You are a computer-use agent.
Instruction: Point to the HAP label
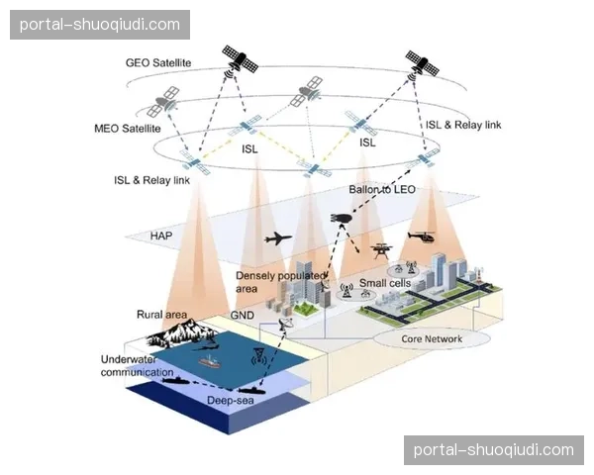(161, 236)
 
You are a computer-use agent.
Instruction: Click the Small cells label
(384, 283)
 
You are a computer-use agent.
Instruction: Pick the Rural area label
(161, 315)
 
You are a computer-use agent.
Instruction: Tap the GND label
(243, 315)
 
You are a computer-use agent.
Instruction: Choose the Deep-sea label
(234, 401)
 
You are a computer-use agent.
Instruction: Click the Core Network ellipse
(432, 338)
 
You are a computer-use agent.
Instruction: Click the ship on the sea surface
(211, 363)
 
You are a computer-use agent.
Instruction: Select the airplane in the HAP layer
(279, 238)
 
